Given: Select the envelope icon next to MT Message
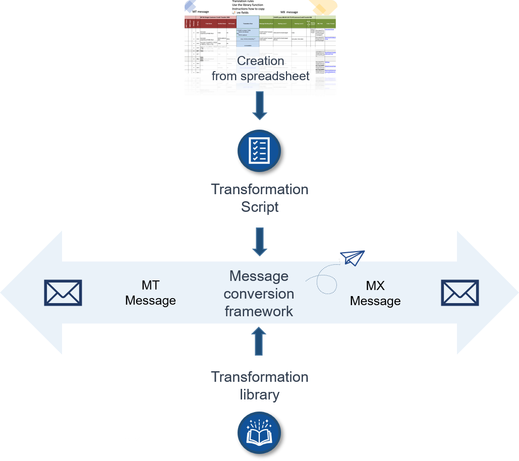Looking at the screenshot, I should point(63,293).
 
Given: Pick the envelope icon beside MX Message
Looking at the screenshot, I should point(460,293).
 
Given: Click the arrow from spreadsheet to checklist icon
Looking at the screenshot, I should point(259,106).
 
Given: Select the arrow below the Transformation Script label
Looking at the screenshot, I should point(259,242).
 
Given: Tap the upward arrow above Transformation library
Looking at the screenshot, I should point(259,341).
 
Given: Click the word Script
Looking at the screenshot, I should point(260,207).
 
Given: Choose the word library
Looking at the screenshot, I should point(259,394).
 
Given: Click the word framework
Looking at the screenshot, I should point(259,311).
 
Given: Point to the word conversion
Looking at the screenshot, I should point(259,294).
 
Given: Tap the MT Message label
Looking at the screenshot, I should point(150,293).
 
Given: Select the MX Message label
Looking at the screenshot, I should point(375,293).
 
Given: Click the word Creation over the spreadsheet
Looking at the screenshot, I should point(260,61).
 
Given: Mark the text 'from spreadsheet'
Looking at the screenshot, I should point(260,76).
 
